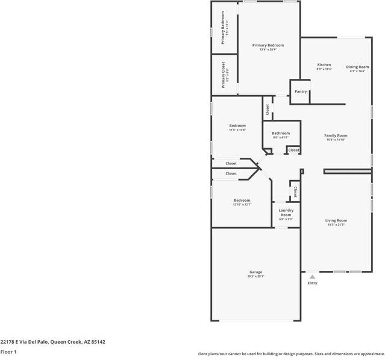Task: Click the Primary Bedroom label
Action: pos(268,45)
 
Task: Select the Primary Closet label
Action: pos(223,75)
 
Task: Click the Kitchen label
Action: pos(324,64)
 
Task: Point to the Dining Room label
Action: pos(357,67)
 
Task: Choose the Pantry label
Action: pos(301,92)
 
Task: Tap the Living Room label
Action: pos(336,220)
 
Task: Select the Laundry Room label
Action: pos(286,213)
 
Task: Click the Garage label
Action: pos(255,272)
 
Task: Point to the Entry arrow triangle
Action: pos(312,276)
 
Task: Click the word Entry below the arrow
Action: pos(312,283)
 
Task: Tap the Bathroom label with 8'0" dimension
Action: pos(281,133)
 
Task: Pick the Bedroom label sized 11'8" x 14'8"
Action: pos(237,125)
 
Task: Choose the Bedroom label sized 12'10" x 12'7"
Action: pos(242,200)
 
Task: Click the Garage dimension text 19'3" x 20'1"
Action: pos(255,276)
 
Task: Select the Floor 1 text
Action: pos(8,352)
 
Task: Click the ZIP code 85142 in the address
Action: pos(98,341)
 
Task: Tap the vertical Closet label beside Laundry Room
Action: pos(295,191)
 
